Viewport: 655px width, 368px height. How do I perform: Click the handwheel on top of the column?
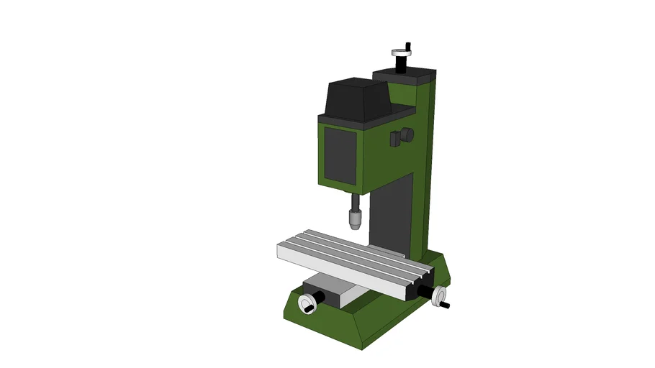[x=400, y=52]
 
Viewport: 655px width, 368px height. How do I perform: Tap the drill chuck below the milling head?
[x=354, y=217]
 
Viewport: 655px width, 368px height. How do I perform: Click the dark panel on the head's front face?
[x=340, y=152]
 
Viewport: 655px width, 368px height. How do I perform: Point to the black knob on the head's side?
[x=406, y=135]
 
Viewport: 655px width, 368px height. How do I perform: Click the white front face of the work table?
[x=338, y=270]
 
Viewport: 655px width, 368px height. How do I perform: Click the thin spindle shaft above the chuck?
[x=354, y=201]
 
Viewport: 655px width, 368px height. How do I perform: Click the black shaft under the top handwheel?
[x=400, y=64]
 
